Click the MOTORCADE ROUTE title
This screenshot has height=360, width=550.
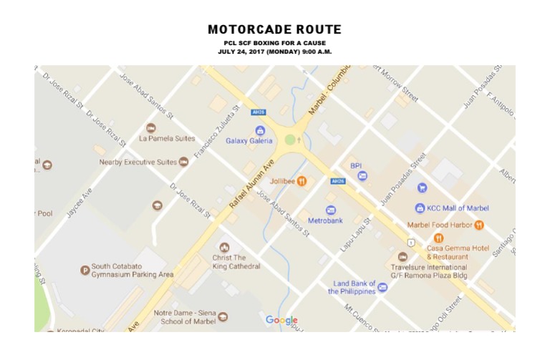click(x=274, y=30)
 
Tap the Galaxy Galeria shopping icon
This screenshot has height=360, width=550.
click(x=260, y=130)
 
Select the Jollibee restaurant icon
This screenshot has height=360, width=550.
click(x=302, y=181)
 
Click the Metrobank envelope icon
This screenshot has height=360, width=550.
click(x=331, y=210)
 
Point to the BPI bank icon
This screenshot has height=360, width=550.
click(x=362, y=175)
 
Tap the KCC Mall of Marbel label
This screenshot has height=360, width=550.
click(x=458, y=208)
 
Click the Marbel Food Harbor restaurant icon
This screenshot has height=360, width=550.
click(x=479, y=225)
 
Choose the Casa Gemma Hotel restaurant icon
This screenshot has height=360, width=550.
click(x=438, y=238)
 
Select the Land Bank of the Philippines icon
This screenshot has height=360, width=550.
click(x=382, y=288)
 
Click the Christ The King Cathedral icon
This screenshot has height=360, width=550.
click(x=225, y=247)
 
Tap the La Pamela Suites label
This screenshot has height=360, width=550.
click(x=167, y=138)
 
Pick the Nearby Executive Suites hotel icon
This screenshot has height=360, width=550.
click(x=183, y=162)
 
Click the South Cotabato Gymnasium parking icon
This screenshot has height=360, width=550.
click(x=85, y=270)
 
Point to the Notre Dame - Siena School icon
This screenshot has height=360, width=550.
click(x=223, y=317)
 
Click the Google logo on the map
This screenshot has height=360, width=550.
click(x=281, y=320)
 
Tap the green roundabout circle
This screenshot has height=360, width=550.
click(x=290, y=140)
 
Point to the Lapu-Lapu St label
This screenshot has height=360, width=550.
click(x=357, y=234)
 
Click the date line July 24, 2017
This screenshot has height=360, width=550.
click(x=274, y=52)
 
